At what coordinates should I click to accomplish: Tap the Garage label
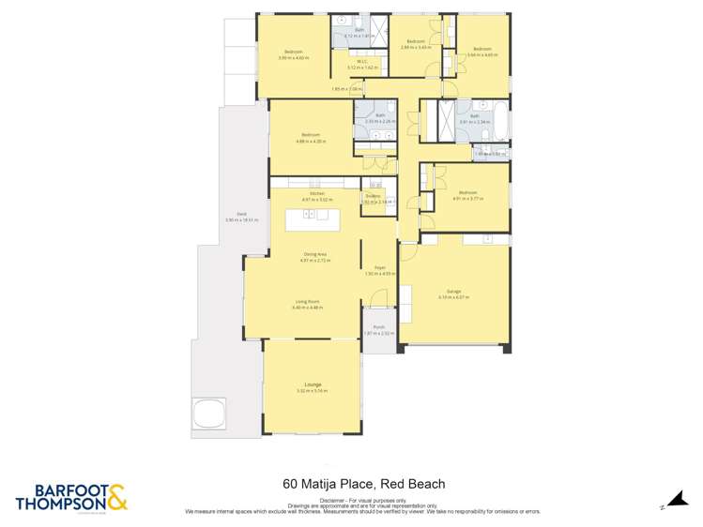click(x=453, y=294)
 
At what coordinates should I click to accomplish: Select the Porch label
click(x=379, y=327)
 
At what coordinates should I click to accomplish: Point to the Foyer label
click(x=379, y=268)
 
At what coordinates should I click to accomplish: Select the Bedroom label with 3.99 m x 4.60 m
click(x=294, y=53)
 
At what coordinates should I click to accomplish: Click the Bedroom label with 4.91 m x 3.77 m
click(x=467, y=194)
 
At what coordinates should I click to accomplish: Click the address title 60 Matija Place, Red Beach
click(x=363, y=486)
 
